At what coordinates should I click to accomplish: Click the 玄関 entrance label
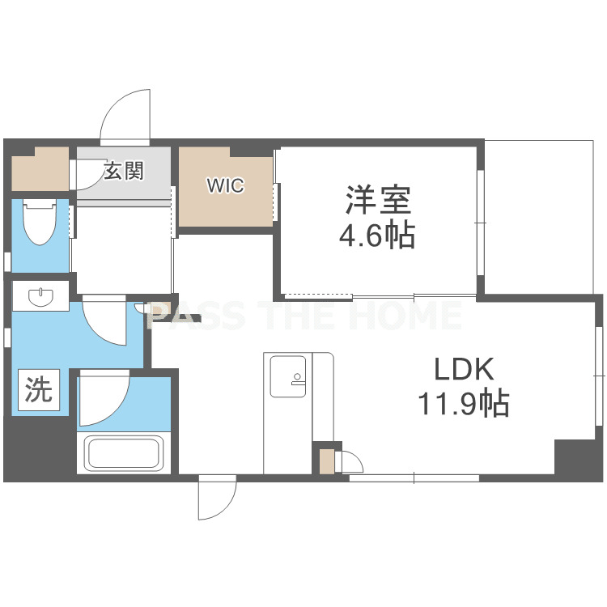pyautogui.click(x=124, y=171)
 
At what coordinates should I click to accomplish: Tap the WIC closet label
pyautogui.click(x=226, y=185)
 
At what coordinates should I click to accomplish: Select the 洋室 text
pyautogui.click(x=377, y=200)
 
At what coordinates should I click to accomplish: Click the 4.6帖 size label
pyautogui.click(x=377, y=234)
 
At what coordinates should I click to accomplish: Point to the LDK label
pyautogui.click(x=464, y=369)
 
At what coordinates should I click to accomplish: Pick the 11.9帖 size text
pyautogui.click(x=464, y=403)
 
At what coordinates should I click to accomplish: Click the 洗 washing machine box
pyautogui.click(x=39, y=389)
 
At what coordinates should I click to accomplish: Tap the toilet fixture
pyautogui.click(x=40, y=222)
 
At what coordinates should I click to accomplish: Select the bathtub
pyautogui.click(x=124, y=453)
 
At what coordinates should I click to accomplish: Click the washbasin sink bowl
pyautogui.click(x=40, y=297)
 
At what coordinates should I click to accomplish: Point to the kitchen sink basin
pyautogui.click(x=288, y=376)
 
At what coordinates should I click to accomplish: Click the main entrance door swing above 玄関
pyautogui.click(x=125, y=117)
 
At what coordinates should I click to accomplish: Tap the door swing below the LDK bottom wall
pyautogui.click(x=217, y=498)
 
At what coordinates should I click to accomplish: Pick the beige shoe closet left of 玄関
pyautogui.click(x=40, y=169)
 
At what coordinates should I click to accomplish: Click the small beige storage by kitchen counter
pyautogui.click(x=327, y=461)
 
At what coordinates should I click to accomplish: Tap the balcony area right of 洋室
pyautogui.click(x=539, y=217)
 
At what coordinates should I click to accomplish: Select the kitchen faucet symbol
pyautogui.click(x=297, y=379)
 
